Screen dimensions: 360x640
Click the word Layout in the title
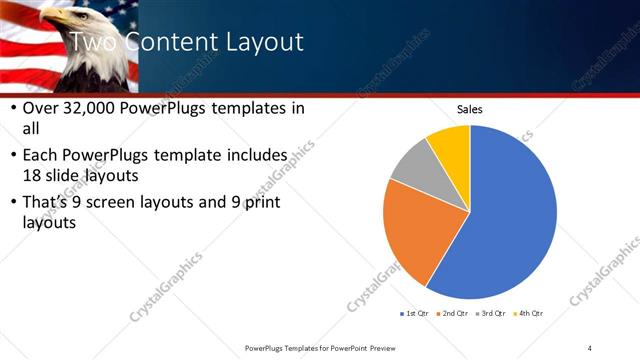tap(255, 42)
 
